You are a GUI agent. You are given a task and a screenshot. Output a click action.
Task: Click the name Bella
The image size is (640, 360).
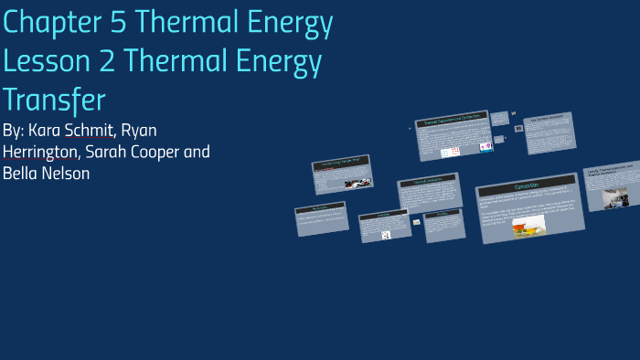(x=20, y=173)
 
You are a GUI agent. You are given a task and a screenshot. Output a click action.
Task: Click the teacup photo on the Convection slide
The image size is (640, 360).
(x=528, y=224)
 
